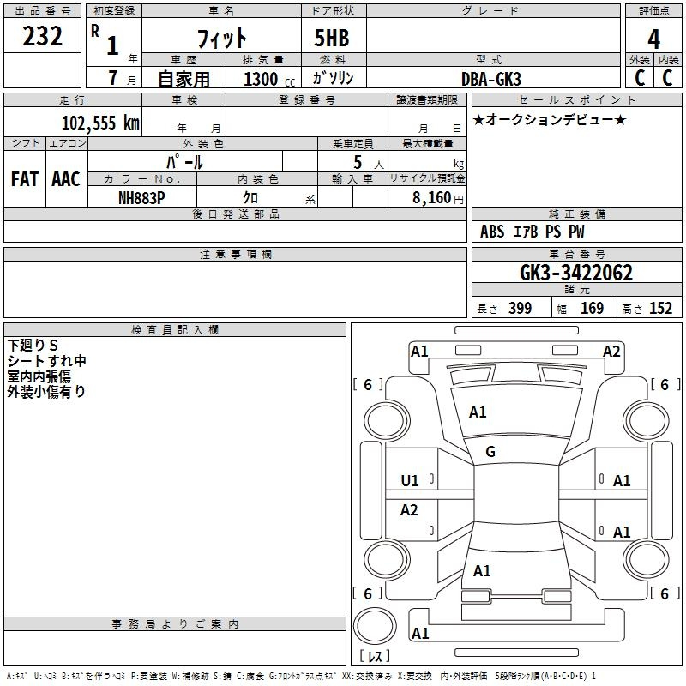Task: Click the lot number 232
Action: pyautogui.click(x=42, y=36)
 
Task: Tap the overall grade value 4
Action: pyautogui.click(x=653, y=39)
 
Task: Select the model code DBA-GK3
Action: pyautogui.click(x=491, y=79)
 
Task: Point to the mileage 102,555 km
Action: pyautogui.click(x=100, y=123)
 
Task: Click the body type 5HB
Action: pyautogui.click(x=332, y=38)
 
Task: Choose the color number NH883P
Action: pyautogui.click(x=141, y=198)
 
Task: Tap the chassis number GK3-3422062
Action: pyautogui.click(x=575, y=273)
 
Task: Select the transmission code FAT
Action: pyautogui.click(x=25, y=179)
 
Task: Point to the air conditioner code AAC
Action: pyautogui.click(x=66, y=179)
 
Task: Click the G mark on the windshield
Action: pyautogui.click(x=490, y=452)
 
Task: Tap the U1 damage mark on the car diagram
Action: pyautogui.click(x=410, y=481)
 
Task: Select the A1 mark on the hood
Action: pyautogui.click(x=478, y=412)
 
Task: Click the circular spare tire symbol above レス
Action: pyautogui.click(x=375, y=625)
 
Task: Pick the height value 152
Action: pyautogui.click(x=660, y=308)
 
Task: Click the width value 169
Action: pyautogui.click(x=592, y=308)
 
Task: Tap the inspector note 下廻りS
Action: pyautogui.click(x=33, y=346)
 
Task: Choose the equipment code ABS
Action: pyautogui.click(x=492, y=232)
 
